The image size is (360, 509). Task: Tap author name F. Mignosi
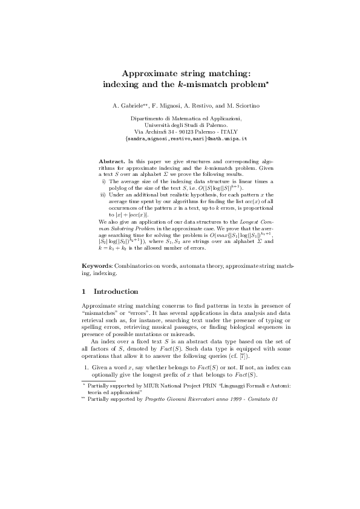point(166,106)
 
